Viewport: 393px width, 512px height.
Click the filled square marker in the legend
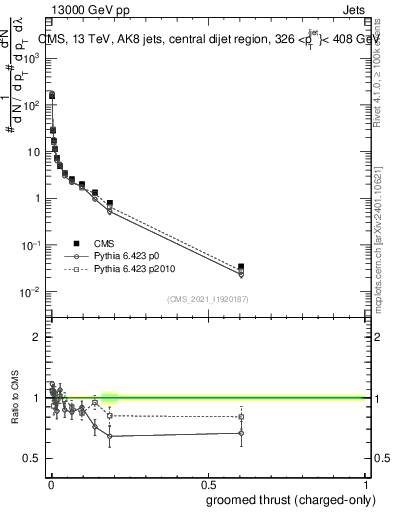click(76, 243)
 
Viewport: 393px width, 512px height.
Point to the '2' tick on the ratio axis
click(37, 337)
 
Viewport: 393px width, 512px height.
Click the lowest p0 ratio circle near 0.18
click(110, 436)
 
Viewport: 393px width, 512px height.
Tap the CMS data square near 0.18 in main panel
click(110, 203)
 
